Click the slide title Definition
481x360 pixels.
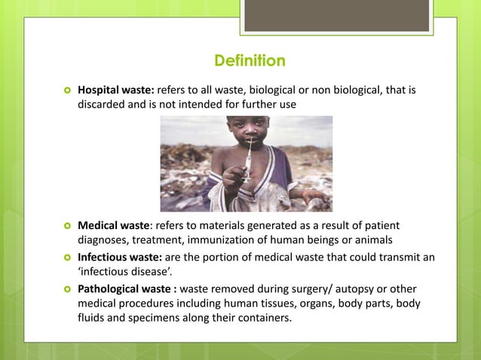click(x=250, y=59)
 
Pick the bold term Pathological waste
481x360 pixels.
click(x=124, y=290)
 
